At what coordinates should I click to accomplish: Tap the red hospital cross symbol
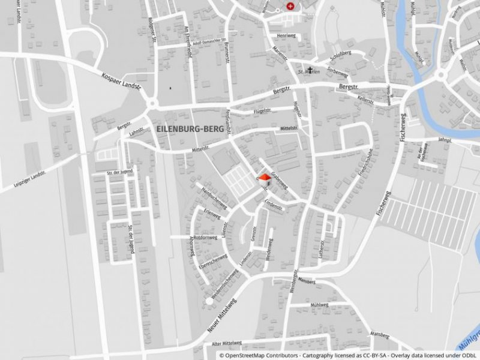(x=291, y=6)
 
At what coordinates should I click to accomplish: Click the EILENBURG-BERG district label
(x=190, y=129)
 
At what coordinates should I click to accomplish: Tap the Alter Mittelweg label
(x=225, y=344)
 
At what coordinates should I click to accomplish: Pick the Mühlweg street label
(x=319, y=305)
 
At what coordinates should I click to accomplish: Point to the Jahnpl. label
(x=444, y=140)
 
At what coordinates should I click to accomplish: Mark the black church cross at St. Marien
(x=310, y=70)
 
